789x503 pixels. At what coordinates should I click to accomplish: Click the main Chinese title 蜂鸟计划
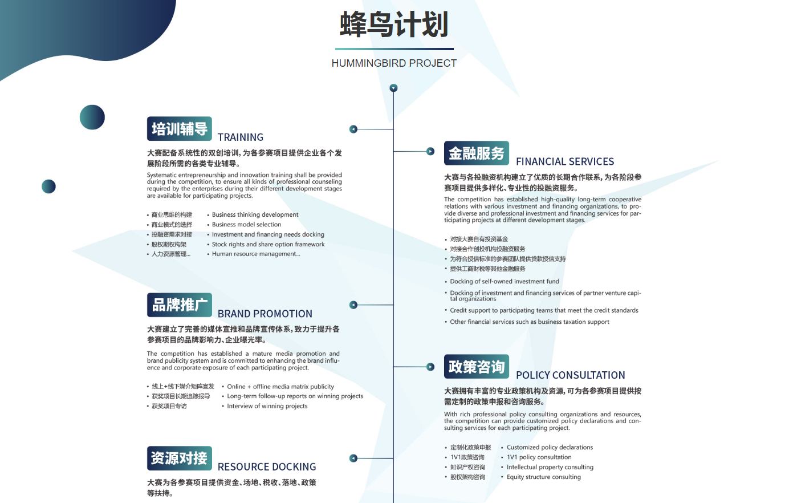(394, 24)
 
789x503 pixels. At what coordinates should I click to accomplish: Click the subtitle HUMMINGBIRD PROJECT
(394, 63)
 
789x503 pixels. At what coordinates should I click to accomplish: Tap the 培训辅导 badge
(179, 128)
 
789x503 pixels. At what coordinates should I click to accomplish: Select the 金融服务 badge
(476, 153)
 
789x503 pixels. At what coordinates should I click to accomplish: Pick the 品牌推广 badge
(179, 305)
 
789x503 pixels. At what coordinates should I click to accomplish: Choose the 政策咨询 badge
(476, 367)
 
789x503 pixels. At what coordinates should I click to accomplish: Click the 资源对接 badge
(179, 459)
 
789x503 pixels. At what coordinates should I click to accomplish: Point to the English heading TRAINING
(241, 137)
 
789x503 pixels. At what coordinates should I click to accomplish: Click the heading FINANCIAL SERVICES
(565, 161)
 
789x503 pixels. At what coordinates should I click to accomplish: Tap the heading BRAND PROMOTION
(265, 314)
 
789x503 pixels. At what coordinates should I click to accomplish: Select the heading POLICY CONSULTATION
(571, 375)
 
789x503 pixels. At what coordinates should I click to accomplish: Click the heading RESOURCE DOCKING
(267, 467)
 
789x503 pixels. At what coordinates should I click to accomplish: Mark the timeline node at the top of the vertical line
(393, 88)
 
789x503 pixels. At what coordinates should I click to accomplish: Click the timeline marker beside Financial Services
(430, 152)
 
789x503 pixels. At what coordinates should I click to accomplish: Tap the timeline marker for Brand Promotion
(353, 305)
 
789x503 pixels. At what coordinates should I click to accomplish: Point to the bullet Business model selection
(246, 224)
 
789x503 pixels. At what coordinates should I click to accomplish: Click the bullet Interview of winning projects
(267, 406)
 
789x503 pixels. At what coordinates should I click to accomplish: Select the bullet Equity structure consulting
(543, 477)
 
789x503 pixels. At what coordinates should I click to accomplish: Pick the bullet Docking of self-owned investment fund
(505, 282)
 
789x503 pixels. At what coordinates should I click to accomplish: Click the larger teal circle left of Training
(92, 117)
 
